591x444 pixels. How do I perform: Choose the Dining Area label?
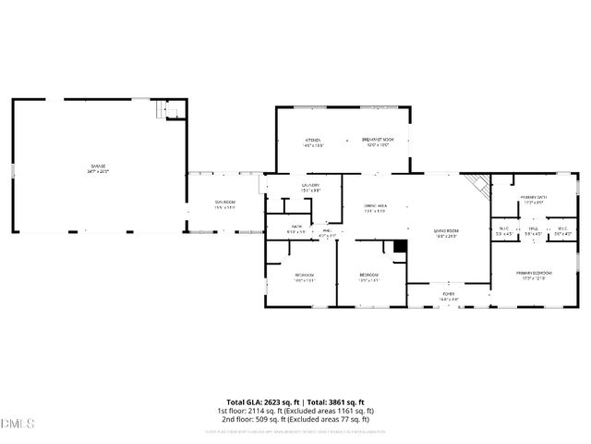(x=374, y=210)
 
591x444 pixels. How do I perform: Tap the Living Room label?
(x=447, y=233)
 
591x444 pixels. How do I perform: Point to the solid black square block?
(x=399, y=246)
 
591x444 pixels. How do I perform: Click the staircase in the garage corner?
(x=170, y=109)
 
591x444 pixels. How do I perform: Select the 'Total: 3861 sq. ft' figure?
(x=338, y=402)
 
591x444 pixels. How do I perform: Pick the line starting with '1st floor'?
(x=295, y=411)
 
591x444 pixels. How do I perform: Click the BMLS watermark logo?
(x=18, y=424)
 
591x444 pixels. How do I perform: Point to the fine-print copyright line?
(x=295, y=430)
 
